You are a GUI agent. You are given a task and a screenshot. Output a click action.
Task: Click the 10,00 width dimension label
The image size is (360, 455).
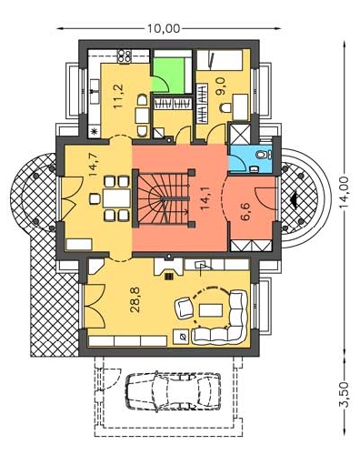tap(164, 28)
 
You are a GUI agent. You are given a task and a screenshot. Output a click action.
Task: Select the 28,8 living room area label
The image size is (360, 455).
tap(135, 300)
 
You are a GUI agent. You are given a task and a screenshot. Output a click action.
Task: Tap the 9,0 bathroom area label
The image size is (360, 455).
tap(223, 87)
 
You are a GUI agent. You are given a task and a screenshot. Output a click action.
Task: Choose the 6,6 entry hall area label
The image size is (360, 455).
tap(245, 211)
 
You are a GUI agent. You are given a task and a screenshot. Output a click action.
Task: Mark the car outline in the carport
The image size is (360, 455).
tap(174, 391)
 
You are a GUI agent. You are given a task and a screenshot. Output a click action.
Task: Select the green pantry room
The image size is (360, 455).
tap(168, 76)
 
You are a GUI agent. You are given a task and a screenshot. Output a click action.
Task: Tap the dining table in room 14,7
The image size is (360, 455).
tap(116, 198)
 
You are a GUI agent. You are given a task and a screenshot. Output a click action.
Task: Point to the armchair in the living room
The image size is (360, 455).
tap(185, 308)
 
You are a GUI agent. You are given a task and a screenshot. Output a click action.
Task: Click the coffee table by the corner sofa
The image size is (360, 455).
tap(211, 310)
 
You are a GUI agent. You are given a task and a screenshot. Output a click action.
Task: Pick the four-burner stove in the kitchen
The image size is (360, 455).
tap(125, 56)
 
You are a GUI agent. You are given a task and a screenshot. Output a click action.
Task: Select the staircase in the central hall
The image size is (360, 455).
tap(163, 198)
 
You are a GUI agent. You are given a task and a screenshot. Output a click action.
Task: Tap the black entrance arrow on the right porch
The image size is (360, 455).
tap(293, 199)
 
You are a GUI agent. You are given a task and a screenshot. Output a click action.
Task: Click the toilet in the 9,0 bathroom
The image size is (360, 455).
tap(226, 107)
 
